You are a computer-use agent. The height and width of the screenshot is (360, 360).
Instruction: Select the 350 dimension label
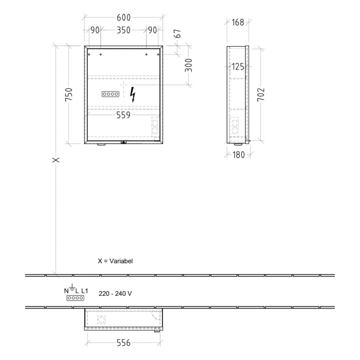(123, 30)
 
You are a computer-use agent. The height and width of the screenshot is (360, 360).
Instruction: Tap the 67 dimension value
(178, 34)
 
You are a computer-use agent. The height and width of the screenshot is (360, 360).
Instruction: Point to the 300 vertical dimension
(189, 65)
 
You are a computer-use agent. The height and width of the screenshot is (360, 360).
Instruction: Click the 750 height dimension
(68, 95)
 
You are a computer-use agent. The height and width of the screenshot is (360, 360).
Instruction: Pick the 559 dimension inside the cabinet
(123, 115)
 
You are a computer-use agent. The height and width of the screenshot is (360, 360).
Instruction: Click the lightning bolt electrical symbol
(133, 95)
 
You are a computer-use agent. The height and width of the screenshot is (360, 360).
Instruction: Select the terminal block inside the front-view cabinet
(111, 94)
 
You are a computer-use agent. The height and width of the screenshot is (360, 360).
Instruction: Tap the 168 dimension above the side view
(237, 22)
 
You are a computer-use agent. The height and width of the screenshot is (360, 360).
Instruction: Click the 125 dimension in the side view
(237, 66)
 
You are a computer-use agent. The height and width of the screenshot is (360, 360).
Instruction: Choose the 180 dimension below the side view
(237, 155)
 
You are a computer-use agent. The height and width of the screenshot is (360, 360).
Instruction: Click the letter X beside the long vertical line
(56, 160)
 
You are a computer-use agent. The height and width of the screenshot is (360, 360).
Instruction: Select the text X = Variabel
(115, 261)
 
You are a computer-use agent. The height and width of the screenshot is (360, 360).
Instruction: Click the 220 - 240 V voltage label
(115, 293)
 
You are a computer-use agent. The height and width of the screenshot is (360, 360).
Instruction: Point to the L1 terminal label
(84, 291)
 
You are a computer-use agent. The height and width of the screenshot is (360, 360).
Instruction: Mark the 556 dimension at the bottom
(123, 342)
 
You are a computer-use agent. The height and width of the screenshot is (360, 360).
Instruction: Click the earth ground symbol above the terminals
(72, 287)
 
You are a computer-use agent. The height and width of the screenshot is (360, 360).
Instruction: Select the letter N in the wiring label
(66, 291)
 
